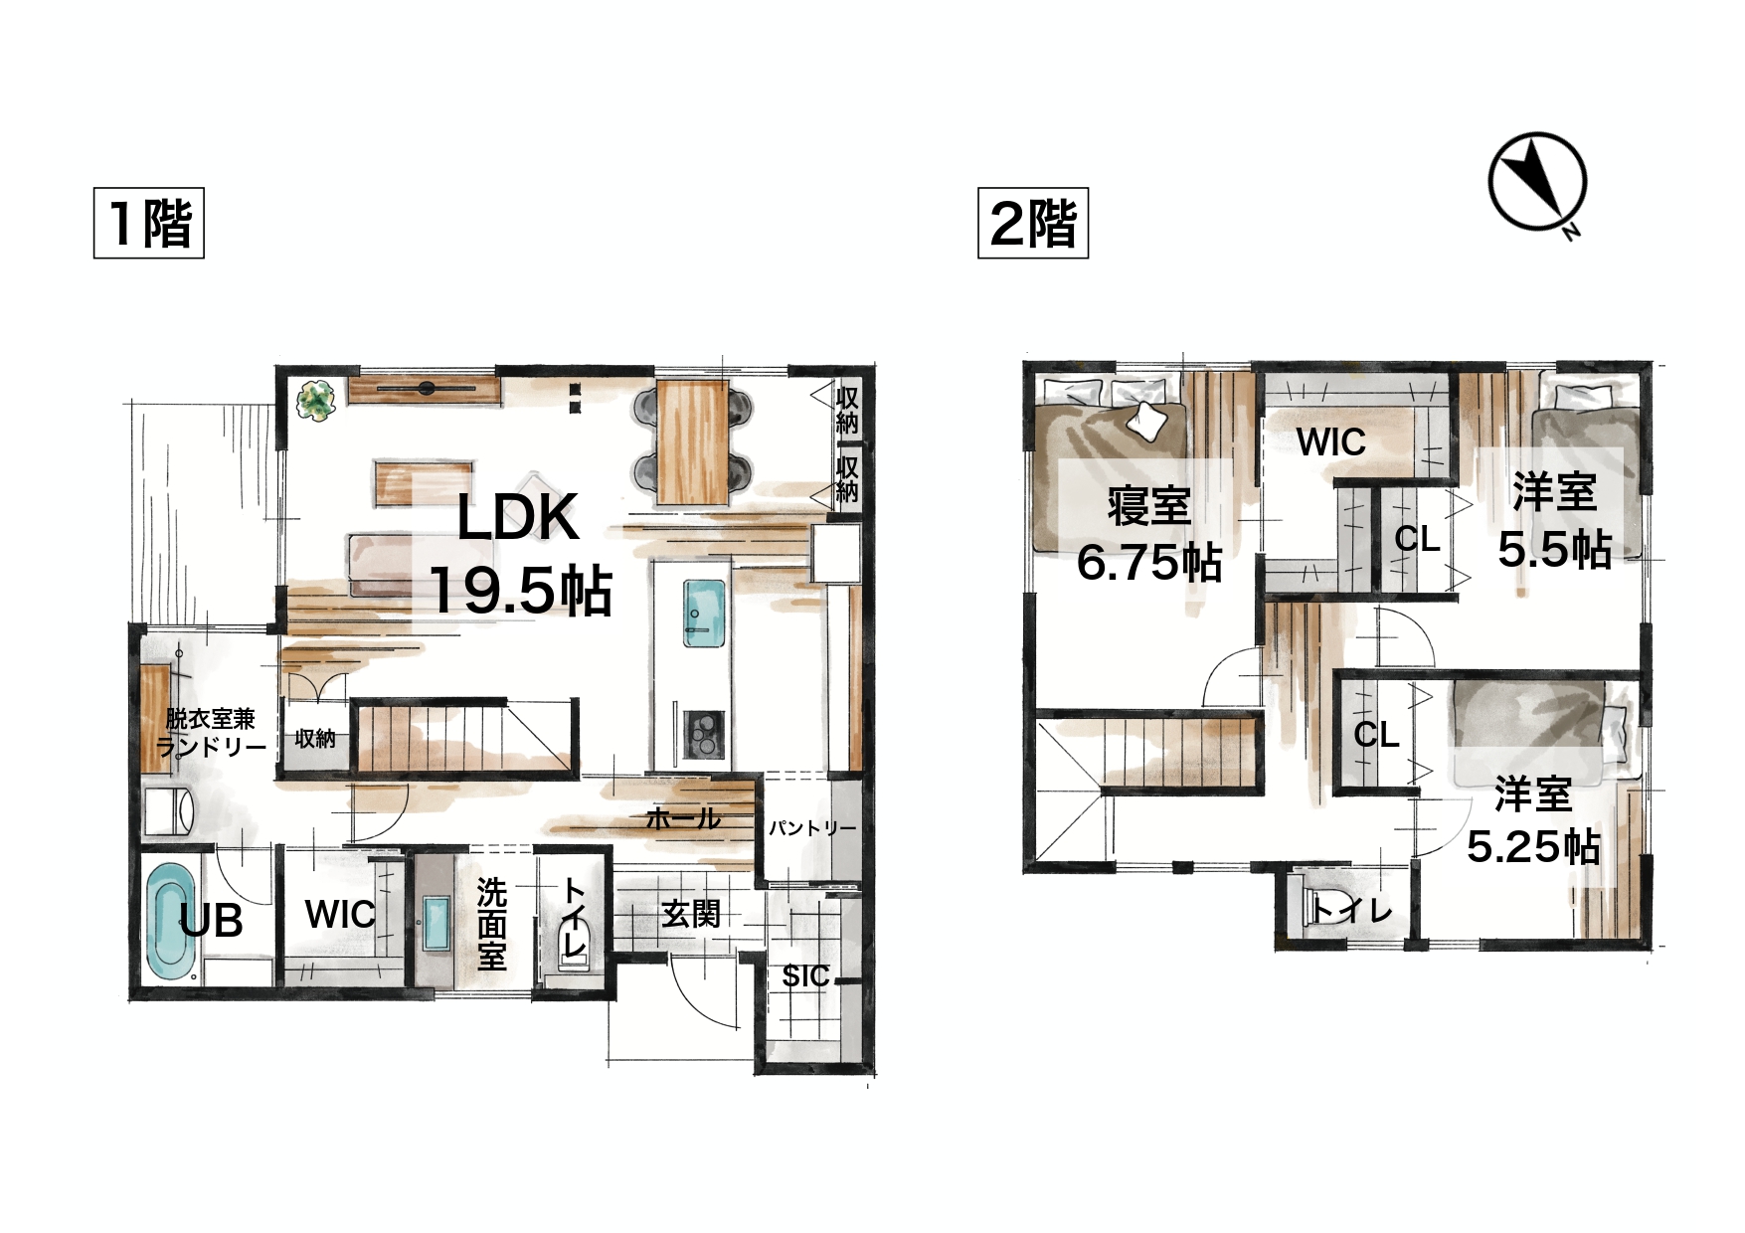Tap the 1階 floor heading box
149,223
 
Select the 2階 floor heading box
1033,223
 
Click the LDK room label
518,517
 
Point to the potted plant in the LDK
317,402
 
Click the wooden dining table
693,441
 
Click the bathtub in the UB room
171,920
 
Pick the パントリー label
812,827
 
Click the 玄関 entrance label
691,913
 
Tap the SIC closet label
805,976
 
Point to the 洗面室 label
491,924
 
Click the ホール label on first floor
683,819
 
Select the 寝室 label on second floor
1149,506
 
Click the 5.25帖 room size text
1533,847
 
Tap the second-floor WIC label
1331,442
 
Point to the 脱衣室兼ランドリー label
211,733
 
